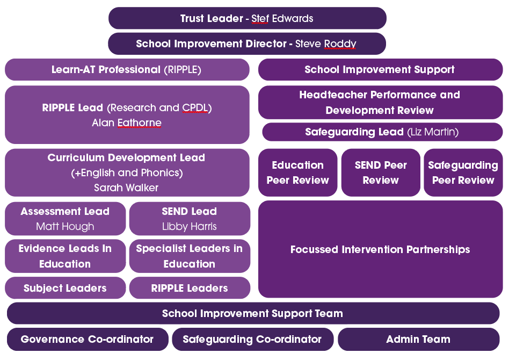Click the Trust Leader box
[248, 18]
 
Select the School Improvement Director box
[247, 44]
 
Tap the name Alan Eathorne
[127, 123]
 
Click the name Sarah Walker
[126, 188]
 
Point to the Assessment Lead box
[66, 219]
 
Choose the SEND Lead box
[190, 219]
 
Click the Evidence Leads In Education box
[66, 256]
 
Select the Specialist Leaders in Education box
[190, 256]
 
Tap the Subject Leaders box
[66, 288]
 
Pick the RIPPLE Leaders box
[190, 288]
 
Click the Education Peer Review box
[297, 172]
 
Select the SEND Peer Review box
[381, 172]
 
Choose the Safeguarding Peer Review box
[463, 172]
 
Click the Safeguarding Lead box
[382, 132]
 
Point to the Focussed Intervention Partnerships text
[380, 249]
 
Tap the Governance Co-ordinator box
[88, 339]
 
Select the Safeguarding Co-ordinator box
[252, 339]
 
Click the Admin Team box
[418, 339]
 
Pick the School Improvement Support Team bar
[253, 313]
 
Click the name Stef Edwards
[282, 18]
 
